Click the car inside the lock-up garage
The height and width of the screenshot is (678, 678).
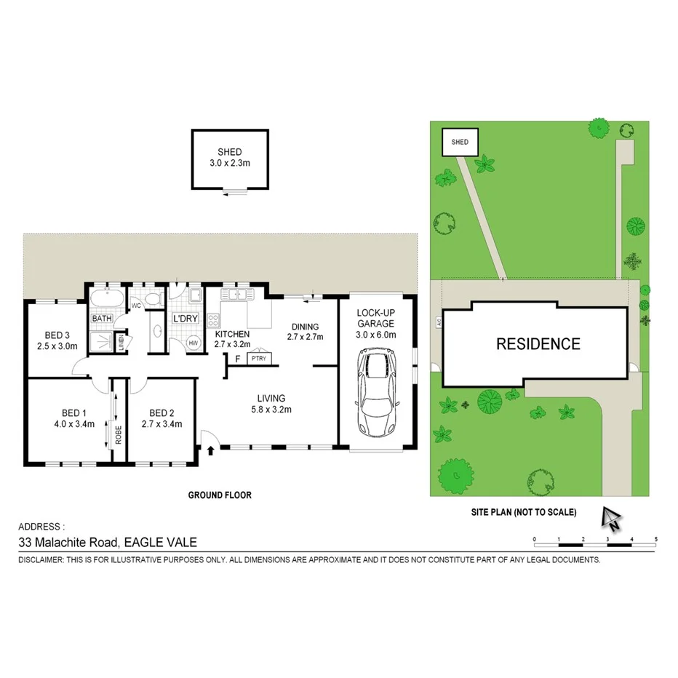375,394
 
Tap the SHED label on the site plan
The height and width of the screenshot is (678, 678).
460,143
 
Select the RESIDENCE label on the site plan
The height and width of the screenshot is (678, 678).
538,344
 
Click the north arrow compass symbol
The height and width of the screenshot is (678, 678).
610,518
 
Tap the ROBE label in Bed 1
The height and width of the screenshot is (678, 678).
118,434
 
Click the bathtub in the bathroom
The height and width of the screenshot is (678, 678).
107,298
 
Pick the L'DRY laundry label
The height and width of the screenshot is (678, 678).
185,319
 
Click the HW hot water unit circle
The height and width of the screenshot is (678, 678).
194,343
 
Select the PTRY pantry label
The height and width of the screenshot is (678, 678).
258,358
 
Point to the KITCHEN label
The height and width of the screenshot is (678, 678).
232,335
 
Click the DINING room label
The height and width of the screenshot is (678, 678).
306,327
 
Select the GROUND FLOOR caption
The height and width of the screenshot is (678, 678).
220,495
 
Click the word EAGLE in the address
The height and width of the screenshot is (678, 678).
143,542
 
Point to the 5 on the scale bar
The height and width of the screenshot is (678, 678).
656,538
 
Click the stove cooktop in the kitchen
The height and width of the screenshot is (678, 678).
214,320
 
